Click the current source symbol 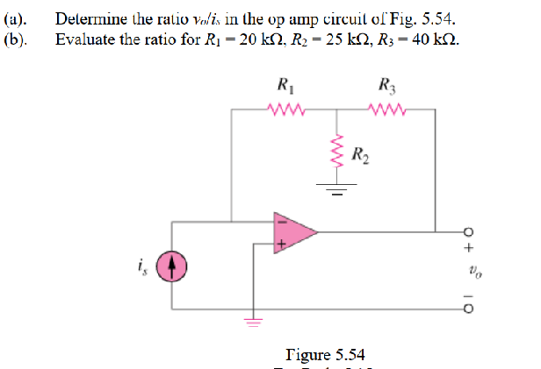click(x=171, y=264)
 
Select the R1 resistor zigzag click(x=284, y=110)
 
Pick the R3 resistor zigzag click(x=387, y=110)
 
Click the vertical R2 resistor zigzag click(x=335, y=151)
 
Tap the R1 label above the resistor click(x=284, y=86)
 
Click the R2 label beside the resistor click(x=360, y=156)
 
